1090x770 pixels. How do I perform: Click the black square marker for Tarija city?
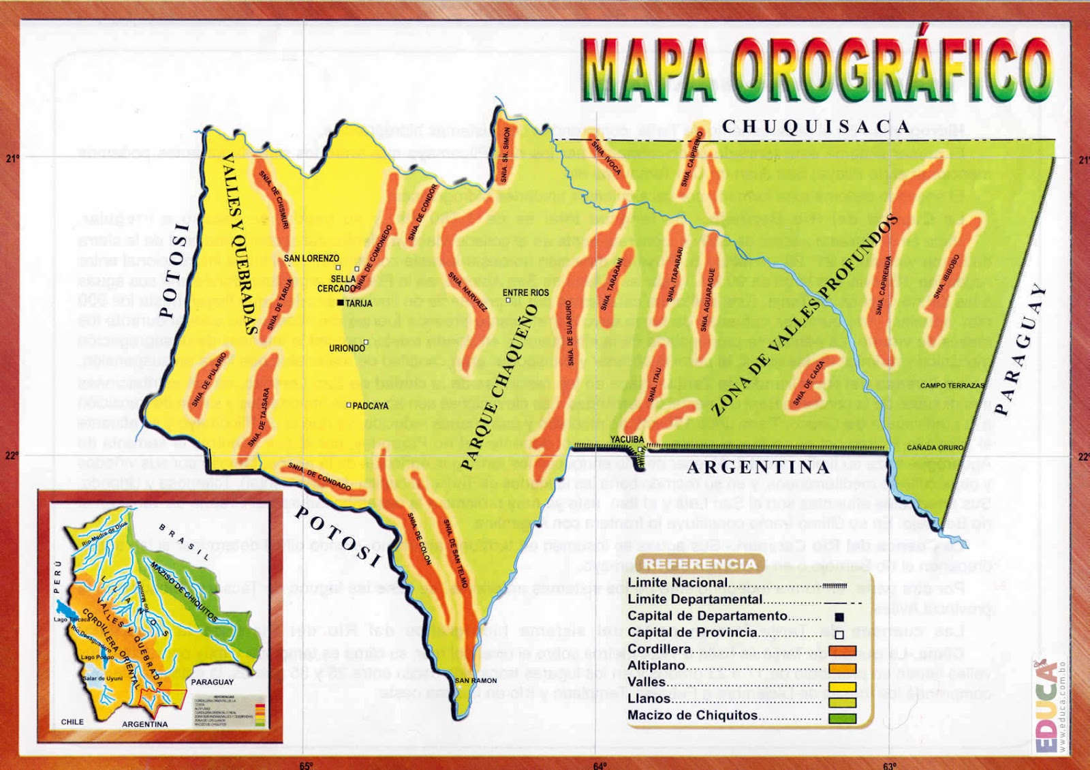pyautogui.click(x=341, y=303)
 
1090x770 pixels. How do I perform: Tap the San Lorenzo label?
pyautogui.click(x=311, y=258)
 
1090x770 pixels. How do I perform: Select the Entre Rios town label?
pyautogui.click(x=525, y=292)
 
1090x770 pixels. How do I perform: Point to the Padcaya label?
pyautogui.click(x=371, y=405)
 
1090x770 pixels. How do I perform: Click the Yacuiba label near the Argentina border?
pyautogui.click(x=626, y=440)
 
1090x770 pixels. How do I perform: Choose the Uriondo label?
pyautogui.click(x=347, y=348)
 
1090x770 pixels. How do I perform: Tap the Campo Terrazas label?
pyautogui.click(x=952, y=386)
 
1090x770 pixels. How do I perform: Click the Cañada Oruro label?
pyautogui.click(x=935, y=448)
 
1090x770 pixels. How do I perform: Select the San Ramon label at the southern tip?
pyautogui.click(x=476, y=680)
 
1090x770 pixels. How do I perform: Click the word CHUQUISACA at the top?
pyautogui.click(x=815, y=127)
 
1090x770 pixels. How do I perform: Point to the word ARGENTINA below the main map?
pyautogui.click(x=758, y=467)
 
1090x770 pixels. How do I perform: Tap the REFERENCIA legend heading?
pyautogui.click(x=700, y=564)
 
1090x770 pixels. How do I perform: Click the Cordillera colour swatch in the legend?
pyautogui.click(x=842, y=651)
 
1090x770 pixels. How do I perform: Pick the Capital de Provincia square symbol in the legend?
pyautogui.click(x=839, y=634)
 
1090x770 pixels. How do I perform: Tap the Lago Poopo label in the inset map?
pyautogui.click(x=97, y=657)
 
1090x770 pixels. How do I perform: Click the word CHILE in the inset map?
pyautogui.click(x=72, y=722)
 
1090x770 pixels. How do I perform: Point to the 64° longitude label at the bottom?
pyautogui.click(x=599, y=765)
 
